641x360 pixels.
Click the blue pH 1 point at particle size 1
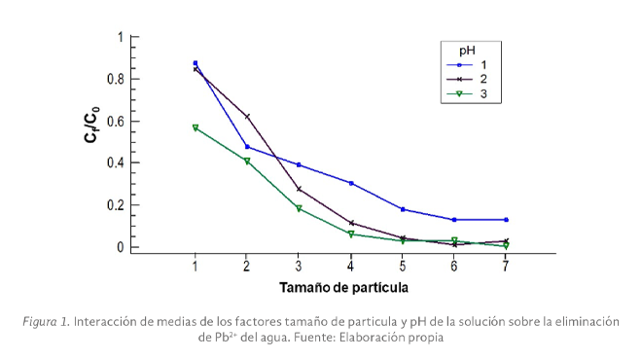[196, 63]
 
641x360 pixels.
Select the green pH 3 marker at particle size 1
[196, 127]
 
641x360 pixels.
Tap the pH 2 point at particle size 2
[247, 117]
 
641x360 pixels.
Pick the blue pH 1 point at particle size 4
[350, 183]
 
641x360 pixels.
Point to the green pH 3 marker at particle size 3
[299, 208]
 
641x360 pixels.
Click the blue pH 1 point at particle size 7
[506, 220]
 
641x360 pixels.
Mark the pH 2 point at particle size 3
[299, 189]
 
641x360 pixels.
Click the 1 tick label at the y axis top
[120, 37]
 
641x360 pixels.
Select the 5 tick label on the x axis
[402, 266]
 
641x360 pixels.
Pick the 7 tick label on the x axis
[506, 266]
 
